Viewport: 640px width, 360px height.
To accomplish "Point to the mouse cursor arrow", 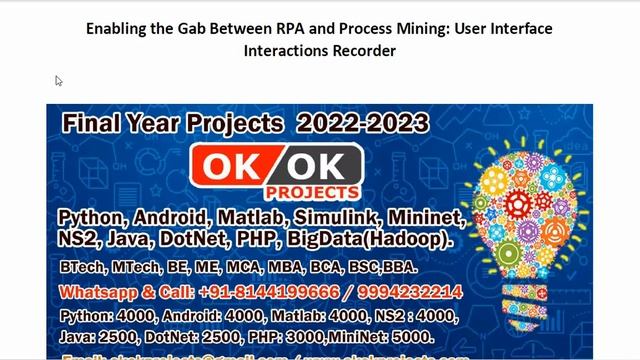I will coord(59,81).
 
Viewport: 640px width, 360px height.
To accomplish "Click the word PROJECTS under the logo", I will coord(313,191).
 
